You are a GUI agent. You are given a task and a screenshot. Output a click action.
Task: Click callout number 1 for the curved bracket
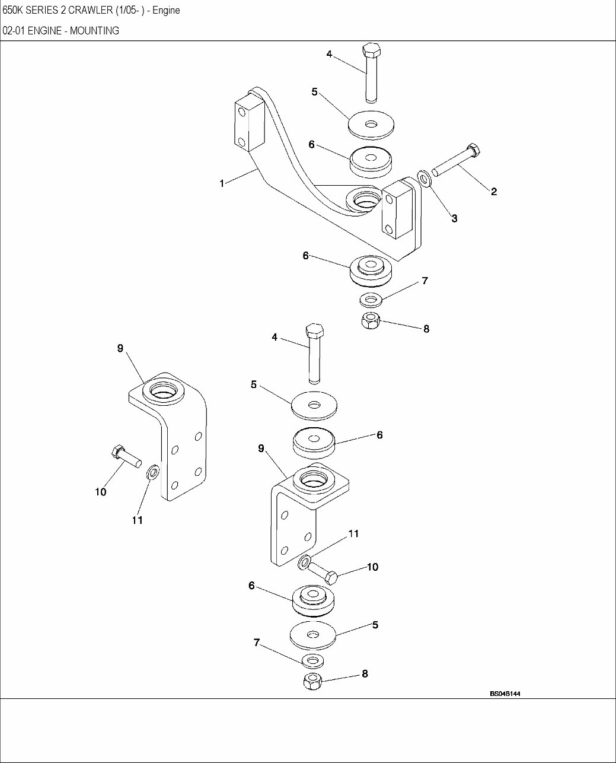[x=222, y=184]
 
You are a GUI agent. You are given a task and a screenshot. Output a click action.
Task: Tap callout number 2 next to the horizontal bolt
[x=493, y=191]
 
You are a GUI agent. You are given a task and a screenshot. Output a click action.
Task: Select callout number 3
[x=454, y=218]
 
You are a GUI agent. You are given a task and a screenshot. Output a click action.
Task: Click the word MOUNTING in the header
[x=94, y=31]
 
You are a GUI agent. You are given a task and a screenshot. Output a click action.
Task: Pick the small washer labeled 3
[x=424, y=177]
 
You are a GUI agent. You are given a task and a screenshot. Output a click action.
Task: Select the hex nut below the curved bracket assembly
[x=371, y=321]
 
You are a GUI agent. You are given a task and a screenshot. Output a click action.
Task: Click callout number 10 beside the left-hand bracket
[x=101, y=492]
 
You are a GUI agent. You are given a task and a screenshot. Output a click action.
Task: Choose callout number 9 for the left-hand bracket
[x=120, y=348]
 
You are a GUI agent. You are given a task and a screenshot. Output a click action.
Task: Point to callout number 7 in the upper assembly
[x=425, y=281]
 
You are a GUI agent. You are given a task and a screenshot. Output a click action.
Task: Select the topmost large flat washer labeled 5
[x=371, y=123]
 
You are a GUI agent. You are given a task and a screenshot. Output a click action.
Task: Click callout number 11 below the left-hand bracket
[x=137, y=520]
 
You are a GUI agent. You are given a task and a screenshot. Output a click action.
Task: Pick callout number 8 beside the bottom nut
[x=365, y=673]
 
